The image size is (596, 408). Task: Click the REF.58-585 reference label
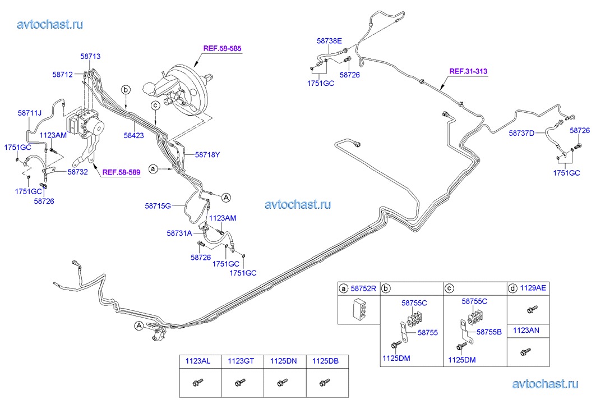pyautogui.click(x=222, y=49)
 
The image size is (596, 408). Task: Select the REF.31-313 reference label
pyautogui.click(x=468, y=71)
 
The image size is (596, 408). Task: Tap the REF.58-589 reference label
pyautogui.click(x=121, y=172)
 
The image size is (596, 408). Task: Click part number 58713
pyautogui.click(x=90, y=56)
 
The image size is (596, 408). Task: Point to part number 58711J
pyautogui.click(x=30, y=113)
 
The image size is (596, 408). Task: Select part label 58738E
pyautogui.click(x=329, y=41)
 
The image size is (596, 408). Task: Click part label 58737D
pyautogui.click(x=522, y=133)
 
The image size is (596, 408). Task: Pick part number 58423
pyautogui.click(x=135, y=135)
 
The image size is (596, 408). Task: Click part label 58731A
pyautogui.click(x=179, y=232)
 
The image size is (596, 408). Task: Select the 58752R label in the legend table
pyautogui.click(x=363, y=288)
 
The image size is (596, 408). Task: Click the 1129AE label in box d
pyautogui.click(x=533, y=288)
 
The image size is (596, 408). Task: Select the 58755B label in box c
pyautogui.click(x=489, y=332)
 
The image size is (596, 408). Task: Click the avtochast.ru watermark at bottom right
pyautogui.click(x=545, y=383)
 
